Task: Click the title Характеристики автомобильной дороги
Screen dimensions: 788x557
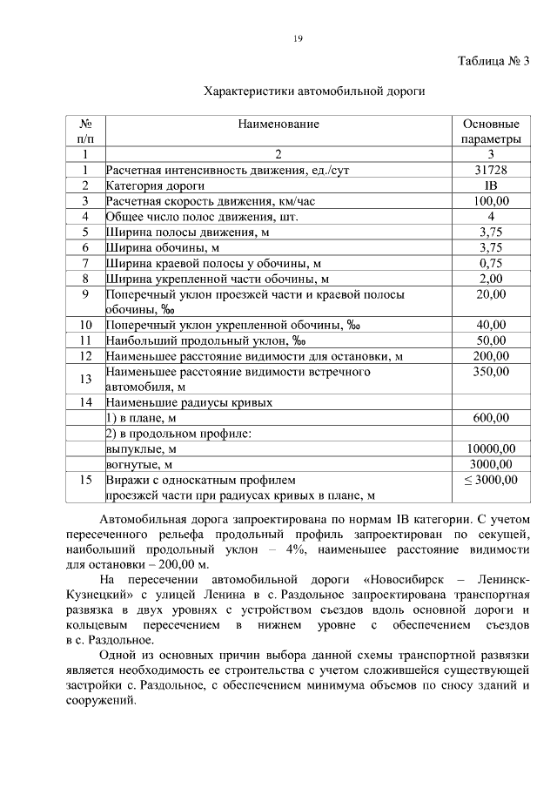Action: (x=314, y=91)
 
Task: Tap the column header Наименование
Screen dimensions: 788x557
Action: (x=278, y=125)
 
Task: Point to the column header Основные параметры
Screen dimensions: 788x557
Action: (x=491, y=131)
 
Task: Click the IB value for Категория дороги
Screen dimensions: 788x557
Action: (x=491, y=185)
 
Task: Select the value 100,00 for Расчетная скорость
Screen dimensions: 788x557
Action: (x=491, y=201)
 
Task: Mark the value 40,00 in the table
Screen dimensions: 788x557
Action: (x=491, y=325)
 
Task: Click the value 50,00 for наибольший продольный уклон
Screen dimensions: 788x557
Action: (x=491, y=340)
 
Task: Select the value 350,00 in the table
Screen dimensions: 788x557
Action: (x=491, y=372)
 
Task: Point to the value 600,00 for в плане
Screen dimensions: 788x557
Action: (x=491, y=418)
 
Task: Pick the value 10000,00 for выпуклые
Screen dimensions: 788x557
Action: (x=491, y=448)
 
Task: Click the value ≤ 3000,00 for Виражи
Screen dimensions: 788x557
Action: (x=491, y=480)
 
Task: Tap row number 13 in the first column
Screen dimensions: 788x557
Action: (x=85, y=379)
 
